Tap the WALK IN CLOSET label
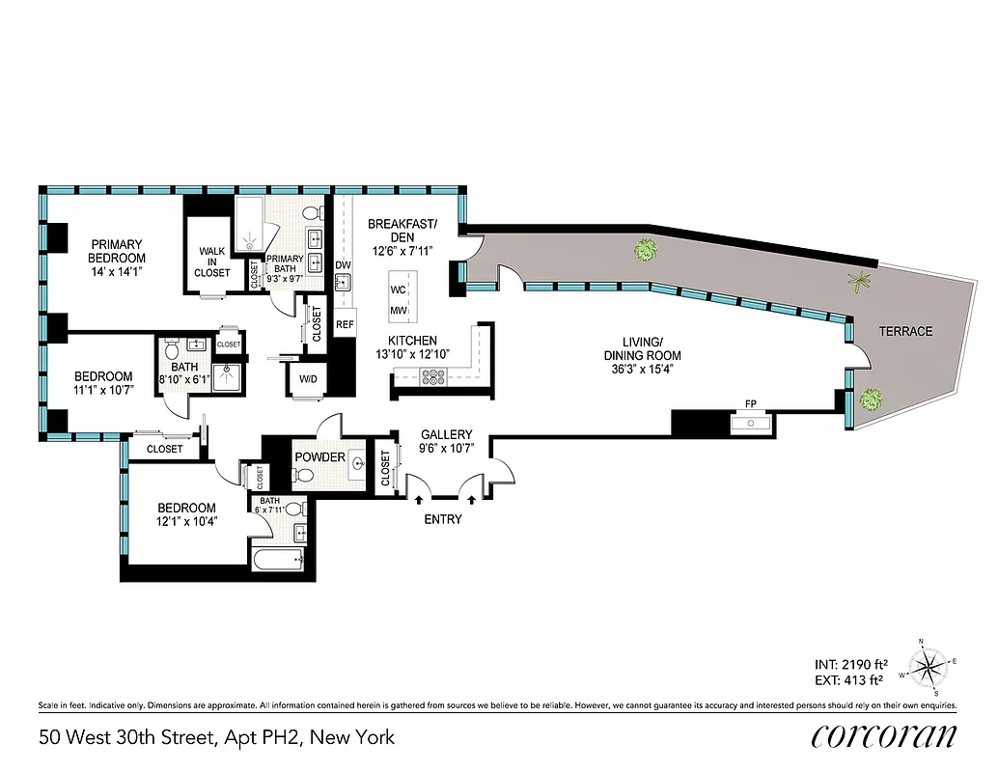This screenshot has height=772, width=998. tap(213, 262)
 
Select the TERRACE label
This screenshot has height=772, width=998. tap(904, 331)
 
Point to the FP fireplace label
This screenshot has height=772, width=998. tap(750, 403)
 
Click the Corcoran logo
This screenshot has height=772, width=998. tap(883, 735)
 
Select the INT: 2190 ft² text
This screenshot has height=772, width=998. tap(851, 664)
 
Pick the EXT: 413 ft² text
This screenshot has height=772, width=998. tap(851, 680)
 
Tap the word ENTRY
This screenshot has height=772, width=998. tap(442, 519)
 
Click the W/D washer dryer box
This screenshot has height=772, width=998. tap(308, 379)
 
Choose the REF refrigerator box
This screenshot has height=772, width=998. tap(345, 325)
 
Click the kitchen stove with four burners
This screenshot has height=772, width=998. tap(430, 378)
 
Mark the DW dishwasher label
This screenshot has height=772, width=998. tap(343, 264)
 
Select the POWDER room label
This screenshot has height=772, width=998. tap(319, 456)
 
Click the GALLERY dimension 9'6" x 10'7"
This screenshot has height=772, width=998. tap(445, 447)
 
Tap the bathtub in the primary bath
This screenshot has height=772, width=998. tap(256, 222)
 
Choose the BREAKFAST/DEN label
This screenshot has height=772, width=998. tap(402, 231)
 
